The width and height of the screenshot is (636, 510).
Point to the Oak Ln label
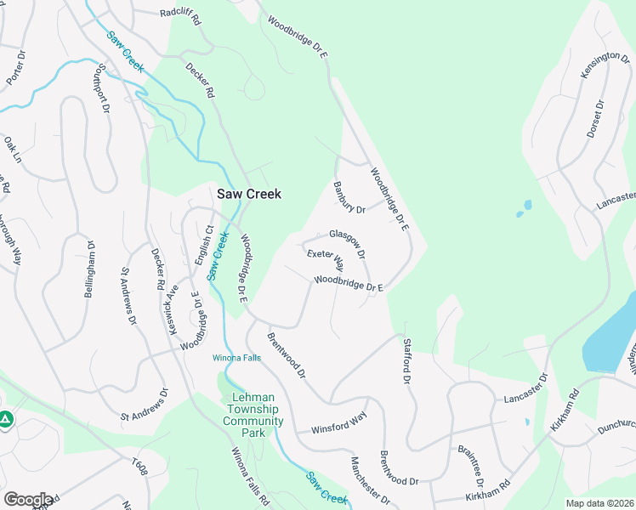pyautogui.click(x=11, y=150)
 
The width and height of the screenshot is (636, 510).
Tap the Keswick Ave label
pyautogui.click(x=173, y=309)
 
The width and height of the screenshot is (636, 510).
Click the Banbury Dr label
pyautogui.click(x=349, y=197)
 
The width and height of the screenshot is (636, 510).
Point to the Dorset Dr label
pyautogui.click(x=594, y=120)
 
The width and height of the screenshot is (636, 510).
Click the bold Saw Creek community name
pyautogui.click(x=249, y=194)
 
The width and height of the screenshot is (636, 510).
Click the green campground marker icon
pyautogui.click(x=5, y=419)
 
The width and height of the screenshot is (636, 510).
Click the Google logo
pyautogui.click(x=27, y=500)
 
